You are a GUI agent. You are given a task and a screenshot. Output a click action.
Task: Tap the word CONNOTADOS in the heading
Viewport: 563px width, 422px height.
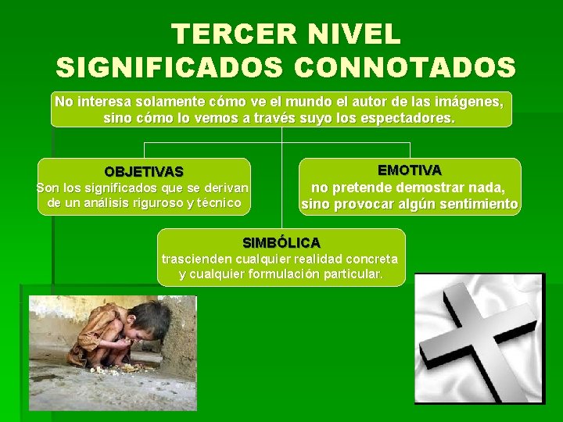(x=405, y=67)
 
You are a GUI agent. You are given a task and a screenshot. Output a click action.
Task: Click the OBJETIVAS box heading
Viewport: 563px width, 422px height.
(x=144, y=171)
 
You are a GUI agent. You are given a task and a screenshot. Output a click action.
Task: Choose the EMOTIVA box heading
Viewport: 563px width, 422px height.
(x=409, y=170)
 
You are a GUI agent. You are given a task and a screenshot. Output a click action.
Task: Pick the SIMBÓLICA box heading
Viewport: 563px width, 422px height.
(x=281, y=242)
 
